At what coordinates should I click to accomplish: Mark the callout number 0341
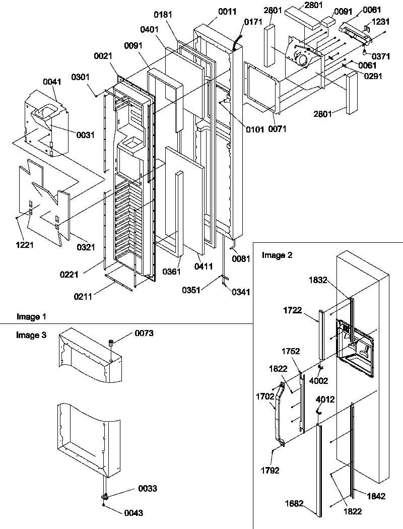tap(243, 291)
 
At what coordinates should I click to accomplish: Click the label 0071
tap(278, 129)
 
